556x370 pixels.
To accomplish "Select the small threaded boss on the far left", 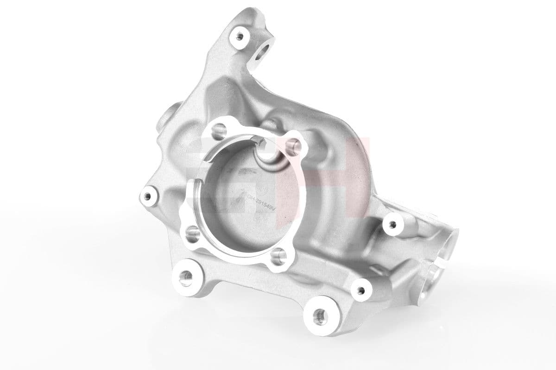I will tap(148, 197).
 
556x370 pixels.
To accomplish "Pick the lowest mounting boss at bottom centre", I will tap(318, 316).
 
